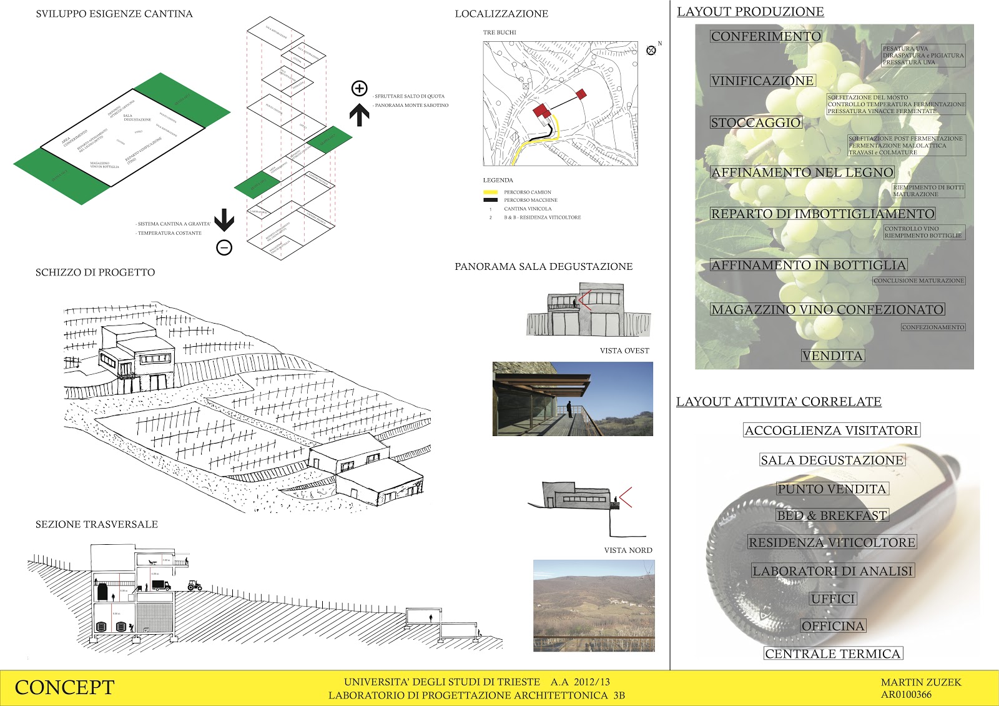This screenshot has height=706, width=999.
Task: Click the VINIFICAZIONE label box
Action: point(762,81)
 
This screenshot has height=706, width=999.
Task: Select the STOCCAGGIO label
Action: point(755,122)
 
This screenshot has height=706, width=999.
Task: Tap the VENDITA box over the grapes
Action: point(832,355)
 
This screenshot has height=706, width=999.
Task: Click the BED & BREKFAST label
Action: point(832,515)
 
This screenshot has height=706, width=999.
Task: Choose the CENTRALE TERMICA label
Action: point(833,654)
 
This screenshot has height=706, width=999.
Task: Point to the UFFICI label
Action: point(833,599)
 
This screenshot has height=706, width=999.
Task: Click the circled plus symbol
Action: point(359,89)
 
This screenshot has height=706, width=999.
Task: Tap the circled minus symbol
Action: point(224,248)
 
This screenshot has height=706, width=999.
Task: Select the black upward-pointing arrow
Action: point(359,115)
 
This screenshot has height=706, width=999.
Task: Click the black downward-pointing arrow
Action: point(224,220)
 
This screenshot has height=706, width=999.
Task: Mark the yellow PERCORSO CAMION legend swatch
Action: point(491,192)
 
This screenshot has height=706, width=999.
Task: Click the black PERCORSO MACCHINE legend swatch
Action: point(491,200)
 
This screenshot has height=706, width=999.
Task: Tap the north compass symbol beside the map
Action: point(651,50)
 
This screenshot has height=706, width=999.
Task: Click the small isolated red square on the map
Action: point(581,94)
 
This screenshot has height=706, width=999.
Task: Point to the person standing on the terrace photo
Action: point(569,409)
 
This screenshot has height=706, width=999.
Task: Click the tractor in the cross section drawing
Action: point(195,585)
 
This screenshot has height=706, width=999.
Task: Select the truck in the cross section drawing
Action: point(160,585)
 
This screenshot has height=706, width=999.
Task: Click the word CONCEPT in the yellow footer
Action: point(64,687)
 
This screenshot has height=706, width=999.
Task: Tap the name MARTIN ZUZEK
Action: point(921,682)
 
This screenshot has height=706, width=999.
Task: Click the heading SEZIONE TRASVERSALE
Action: point(97,524)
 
